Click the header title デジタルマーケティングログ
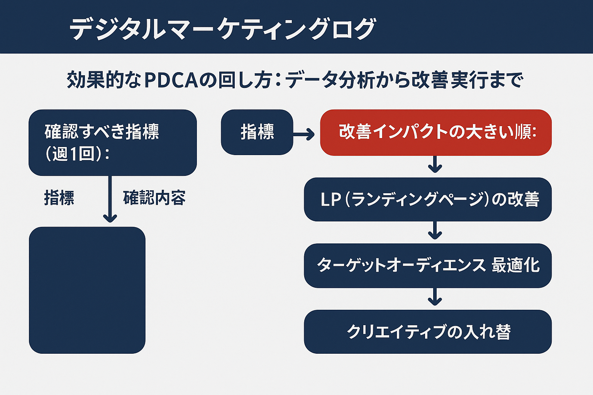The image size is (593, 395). (222, 29)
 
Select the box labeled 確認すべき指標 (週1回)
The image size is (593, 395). (112, 142)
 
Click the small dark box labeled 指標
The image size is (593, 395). (257, 132)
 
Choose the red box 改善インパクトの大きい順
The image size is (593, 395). (435, 132)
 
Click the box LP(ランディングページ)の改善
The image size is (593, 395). (428, 199)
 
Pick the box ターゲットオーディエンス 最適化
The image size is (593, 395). (428, 265)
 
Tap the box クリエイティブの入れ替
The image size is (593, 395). (428, 332)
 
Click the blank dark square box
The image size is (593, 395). (87, 290)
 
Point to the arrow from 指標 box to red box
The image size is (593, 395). (304, 135)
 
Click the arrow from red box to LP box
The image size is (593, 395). (435, 165)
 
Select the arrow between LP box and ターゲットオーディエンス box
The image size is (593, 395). (435, 231)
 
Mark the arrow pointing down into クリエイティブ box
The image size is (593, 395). (435, 297)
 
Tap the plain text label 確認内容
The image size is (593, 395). (154, 198)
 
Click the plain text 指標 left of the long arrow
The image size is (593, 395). (59, 198)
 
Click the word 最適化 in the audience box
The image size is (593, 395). (516, 265)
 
